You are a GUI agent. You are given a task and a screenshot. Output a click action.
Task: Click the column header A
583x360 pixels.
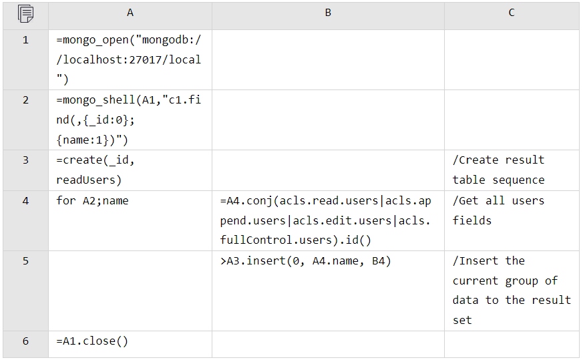click(x=130, y=13)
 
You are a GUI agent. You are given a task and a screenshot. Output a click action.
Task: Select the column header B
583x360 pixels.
click(x=328, y=13)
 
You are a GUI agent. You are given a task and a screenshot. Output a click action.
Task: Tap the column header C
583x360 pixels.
click(x=512, y=13)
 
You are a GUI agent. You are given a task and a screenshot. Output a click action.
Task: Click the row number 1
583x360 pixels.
click(x=25, y=40)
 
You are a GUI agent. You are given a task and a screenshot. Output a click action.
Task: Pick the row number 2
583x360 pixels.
click(x=25, y=100)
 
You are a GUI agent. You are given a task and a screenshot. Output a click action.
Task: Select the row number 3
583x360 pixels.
click(x=25, y=160)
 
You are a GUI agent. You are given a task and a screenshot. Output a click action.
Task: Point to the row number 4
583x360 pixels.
click(x=25, y=200)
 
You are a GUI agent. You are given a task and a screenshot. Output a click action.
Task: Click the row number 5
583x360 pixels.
click(x=25, y=260)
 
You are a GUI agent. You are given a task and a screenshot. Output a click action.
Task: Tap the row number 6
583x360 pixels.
click(x=25, y=341)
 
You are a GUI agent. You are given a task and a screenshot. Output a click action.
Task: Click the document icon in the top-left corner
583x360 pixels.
click(x=25, y=13)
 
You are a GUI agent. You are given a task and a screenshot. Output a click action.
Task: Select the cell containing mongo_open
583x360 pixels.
click(x=130, y=59)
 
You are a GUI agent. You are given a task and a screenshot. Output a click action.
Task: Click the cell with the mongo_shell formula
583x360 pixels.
click(x=130, y=120)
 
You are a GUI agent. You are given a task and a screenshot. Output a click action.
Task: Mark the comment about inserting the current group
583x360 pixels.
click(x=512, y=291)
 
